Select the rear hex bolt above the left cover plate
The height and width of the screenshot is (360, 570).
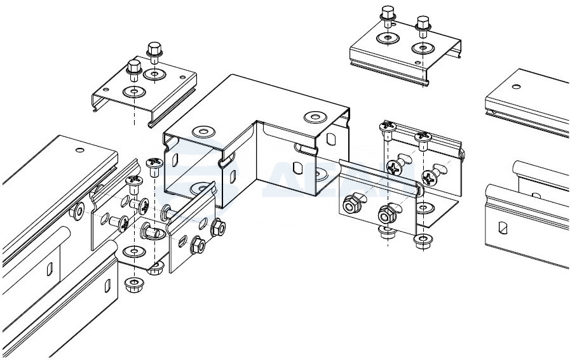[x=154, y=50]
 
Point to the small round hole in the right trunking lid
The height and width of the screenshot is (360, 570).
[x=517, y=86]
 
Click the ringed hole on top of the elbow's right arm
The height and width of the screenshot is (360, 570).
[x=315, y=117]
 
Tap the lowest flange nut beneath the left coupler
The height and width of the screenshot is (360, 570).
[x=134, y=283]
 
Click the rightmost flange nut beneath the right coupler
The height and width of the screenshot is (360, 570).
[x=420, y=240]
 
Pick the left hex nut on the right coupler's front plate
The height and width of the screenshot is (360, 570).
[x=349, y=204]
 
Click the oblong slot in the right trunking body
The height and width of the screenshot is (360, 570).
[x=503, y=226]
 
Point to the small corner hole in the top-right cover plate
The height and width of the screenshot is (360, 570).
[x=417, y=62]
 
